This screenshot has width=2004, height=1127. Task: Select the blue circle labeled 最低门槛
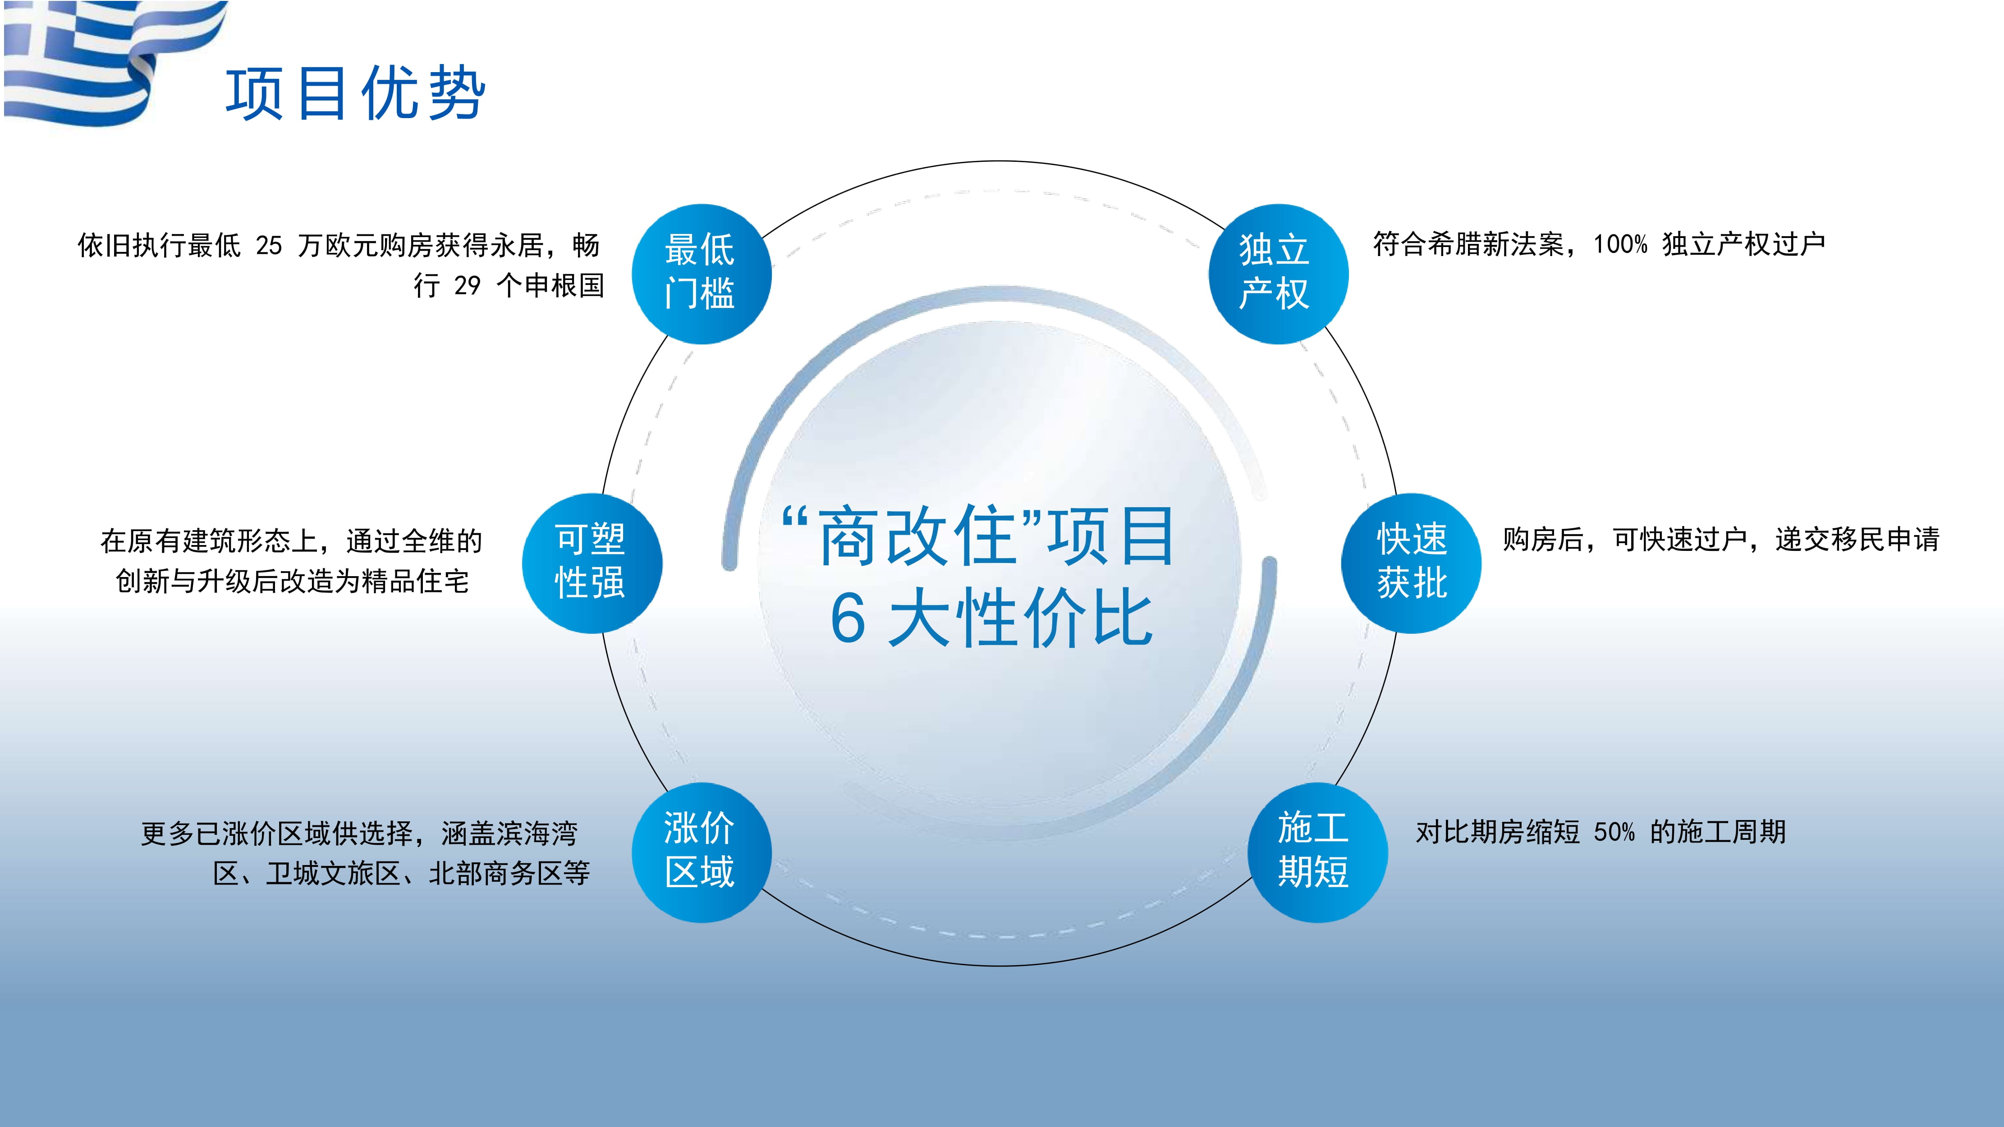pyautogui.click(x=701, y=274)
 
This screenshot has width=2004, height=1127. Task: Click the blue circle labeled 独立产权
pyautogui.click(x=1277, y=274)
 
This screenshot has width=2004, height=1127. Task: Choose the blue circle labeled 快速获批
pyautogui.click(x=1411, y=563)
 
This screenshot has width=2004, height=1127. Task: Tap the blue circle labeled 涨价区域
pyautogui.click(x=701, y=852)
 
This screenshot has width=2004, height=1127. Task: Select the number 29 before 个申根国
pyautogui.click(x=467, y=285)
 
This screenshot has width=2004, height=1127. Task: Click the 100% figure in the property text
pyautogui.click(x=1620, y=244)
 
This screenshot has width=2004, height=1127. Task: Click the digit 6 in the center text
pyautogui.click(x=848, y=618)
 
